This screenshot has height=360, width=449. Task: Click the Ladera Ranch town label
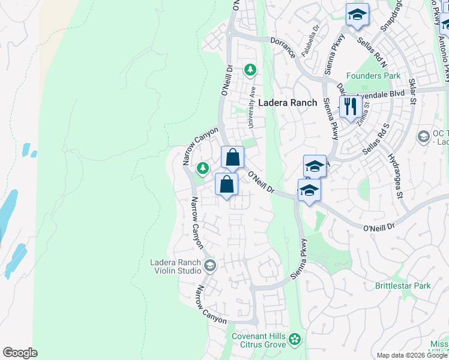pos(287,103)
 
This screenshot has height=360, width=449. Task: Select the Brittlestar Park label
pos(403,286)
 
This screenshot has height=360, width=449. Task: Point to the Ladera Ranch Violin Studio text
pos(176,266)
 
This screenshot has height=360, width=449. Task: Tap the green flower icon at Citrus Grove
pos(294,340)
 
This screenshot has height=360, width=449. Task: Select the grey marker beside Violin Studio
pos(209,265)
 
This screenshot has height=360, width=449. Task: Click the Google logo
pos(20,353)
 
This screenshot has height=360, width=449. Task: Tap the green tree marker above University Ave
pos(250,70)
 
